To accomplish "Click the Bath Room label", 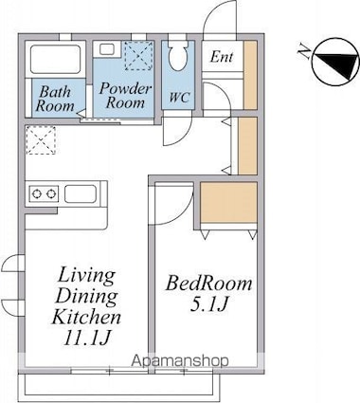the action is (x=55, y=99).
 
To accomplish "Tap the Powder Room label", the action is (x=125, y=96).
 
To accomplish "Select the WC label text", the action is (x=179, y=97).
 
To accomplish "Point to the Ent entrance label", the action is (x=222, y=57).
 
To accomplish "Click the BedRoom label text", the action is (x=209, y=284).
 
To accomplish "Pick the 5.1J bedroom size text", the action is (x=209, y=304).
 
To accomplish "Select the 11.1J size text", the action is (x=86, y=338).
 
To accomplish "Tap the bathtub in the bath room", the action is (x=55, y=59).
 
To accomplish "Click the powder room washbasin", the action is (x=107, y=49).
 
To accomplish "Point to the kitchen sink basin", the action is (x=81, y=193).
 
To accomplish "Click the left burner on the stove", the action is (x=37, y=193).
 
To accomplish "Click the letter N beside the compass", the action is (x=304, y=51).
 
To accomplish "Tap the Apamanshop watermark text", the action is (x=180, y=360).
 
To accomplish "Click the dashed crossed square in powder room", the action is (x=138, y=56).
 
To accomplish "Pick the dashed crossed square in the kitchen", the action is (x=41, y=140).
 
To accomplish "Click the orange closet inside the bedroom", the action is (x=228, y=203).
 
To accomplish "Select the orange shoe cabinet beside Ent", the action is (x=250, y=75).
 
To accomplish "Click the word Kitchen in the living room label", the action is (x=86, y=317).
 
